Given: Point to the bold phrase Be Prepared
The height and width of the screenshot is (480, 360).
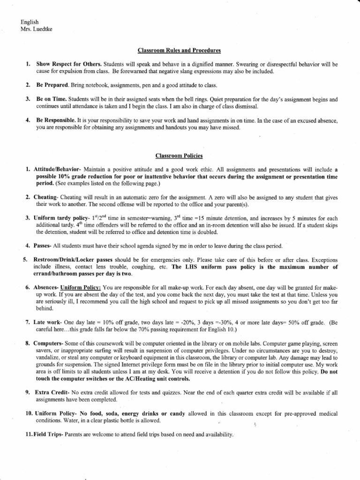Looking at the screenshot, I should coord(52,85).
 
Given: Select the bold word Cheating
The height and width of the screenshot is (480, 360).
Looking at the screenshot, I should coord(45,198).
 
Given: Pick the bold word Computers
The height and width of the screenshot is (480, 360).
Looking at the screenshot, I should coord(49,344).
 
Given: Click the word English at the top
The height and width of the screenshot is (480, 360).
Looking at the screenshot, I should coord(30,22).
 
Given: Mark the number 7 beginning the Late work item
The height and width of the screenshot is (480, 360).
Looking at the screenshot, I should coord(27,323).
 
